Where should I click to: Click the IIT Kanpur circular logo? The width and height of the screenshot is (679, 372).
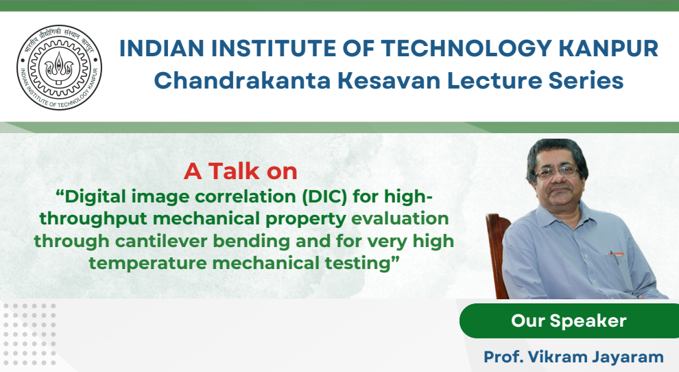(59, 67)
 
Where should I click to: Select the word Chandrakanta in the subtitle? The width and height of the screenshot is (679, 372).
(243, 80)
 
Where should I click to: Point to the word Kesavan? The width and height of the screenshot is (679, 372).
(389, 80)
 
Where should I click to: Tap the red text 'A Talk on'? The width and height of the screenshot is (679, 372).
(240, 172)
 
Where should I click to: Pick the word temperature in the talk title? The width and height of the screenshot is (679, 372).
(147, 263)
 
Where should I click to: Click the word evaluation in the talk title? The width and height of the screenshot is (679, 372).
(400, 218)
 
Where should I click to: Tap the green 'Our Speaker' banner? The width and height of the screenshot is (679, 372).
(569, 321)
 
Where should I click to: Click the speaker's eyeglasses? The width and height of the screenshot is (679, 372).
(557, 172)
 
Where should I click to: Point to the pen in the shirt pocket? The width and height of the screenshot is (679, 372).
(614, 257)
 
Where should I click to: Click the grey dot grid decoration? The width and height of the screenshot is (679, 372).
(29, 334)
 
